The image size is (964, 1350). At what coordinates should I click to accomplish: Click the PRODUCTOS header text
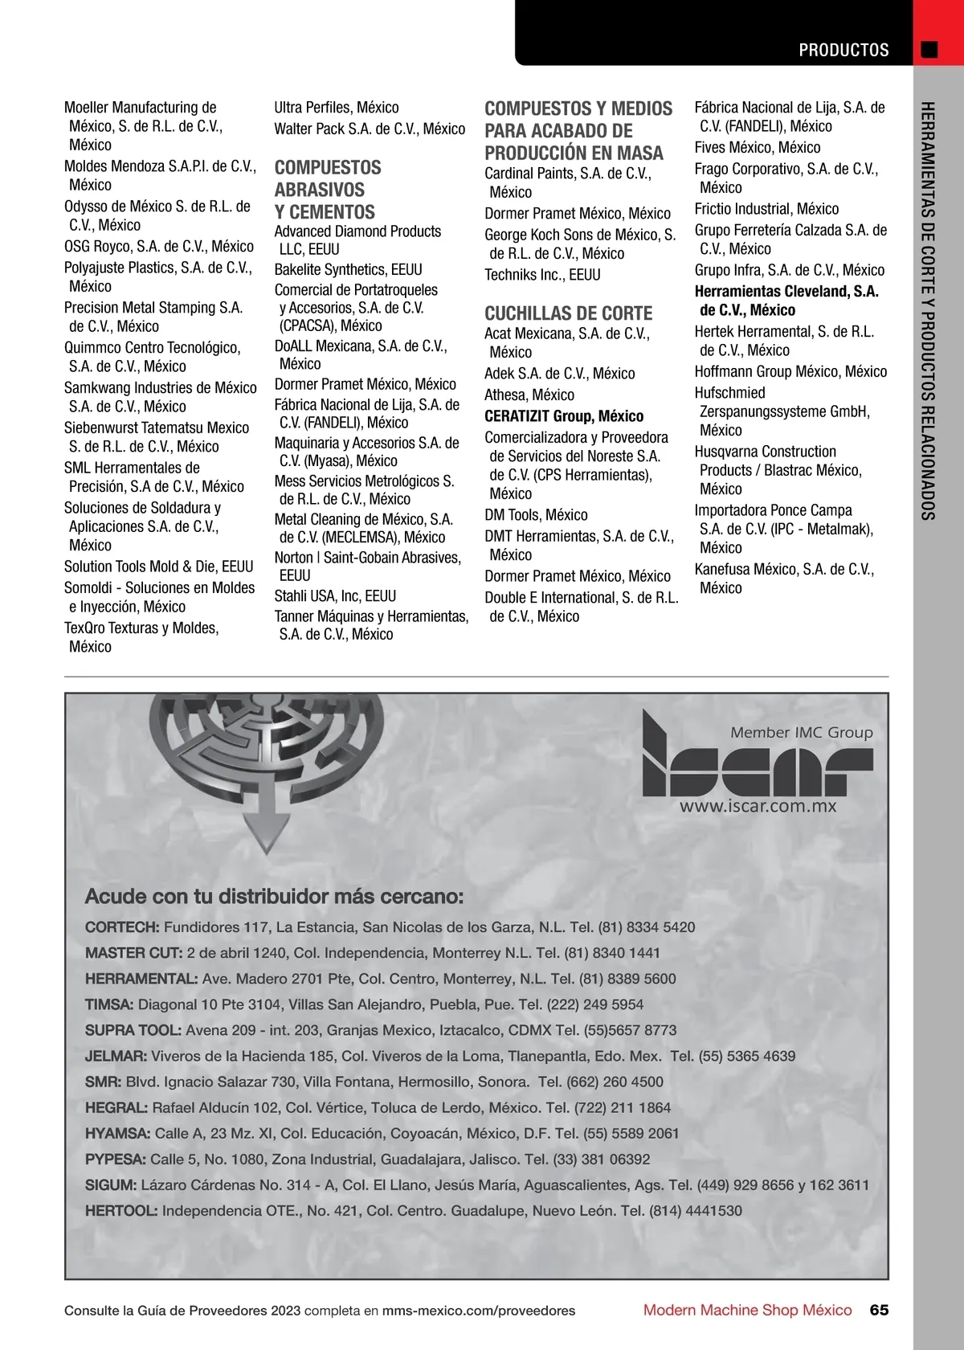pos(843,50)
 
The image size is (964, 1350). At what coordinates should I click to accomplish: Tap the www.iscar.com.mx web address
pos(758,806)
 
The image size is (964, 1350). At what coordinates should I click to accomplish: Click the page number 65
pos(880,1310)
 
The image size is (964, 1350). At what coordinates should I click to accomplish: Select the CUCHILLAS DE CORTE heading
pos(568,313)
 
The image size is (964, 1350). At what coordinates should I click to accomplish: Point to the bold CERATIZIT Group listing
pos(563,416)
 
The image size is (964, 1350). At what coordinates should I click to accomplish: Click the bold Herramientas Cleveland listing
pos(786,301)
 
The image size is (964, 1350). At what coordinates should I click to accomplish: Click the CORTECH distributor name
pos(122,927)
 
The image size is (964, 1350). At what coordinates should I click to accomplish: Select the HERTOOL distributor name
pos(121,1211)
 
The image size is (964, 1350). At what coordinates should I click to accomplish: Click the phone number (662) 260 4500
pos(615,1082)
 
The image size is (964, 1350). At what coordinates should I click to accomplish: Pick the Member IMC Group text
pos(801,732)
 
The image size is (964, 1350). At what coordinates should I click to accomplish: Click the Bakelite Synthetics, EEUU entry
pos(348,269)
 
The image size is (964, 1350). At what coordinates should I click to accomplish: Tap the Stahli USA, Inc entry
pos(335,596)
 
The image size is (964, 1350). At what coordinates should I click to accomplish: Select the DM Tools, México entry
pos(536,515)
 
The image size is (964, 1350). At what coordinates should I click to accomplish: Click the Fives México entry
pos(757,148)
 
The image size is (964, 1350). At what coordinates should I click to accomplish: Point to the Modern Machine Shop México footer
pos(747,1310)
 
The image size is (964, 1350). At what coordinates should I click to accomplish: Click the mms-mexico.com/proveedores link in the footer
pos(479,1311)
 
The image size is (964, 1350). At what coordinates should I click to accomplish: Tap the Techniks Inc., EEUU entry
pos(542,275)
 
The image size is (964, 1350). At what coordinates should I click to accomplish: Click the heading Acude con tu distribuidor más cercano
pos(274,896)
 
